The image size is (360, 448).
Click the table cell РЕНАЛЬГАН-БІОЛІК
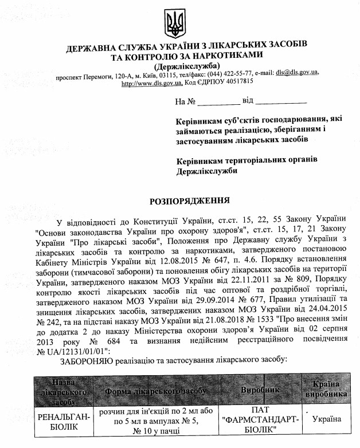tap(64, 422)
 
